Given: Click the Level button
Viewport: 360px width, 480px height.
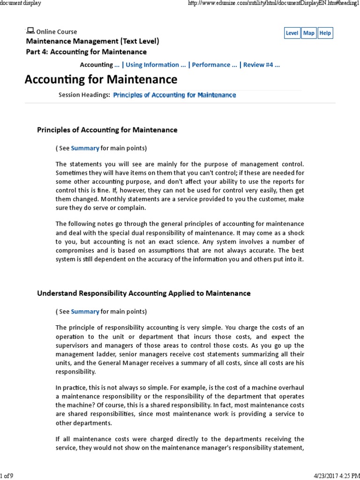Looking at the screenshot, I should (x=292, y=33).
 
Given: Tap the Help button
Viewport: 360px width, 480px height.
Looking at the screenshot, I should (x=325, y=33).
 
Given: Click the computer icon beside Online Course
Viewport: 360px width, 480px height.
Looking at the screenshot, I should (x=30, y=31).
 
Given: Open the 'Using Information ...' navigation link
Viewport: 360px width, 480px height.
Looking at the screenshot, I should (x=156, y=65).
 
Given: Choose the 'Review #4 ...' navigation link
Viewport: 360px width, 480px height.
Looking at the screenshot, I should (x=261, y=65).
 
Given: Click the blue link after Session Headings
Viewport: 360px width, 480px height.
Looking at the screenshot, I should (x=174, y=95).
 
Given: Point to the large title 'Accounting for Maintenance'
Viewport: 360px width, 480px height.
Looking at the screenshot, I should (x=101, y=79).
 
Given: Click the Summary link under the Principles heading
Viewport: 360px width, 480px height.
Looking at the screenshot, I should (x=85, y=148).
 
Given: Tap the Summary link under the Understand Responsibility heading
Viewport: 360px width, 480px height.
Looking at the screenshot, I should (x=85, y=311).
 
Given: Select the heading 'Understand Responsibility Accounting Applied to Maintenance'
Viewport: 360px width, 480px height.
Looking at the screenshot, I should (x=143, y=293).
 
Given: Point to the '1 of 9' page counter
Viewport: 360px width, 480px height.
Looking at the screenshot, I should (x=7, y=476).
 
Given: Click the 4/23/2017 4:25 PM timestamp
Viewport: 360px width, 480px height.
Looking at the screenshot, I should (x=334, y=476).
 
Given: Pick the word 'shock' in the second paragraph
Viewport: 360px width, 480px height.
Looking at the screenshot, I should (x=295, y=232).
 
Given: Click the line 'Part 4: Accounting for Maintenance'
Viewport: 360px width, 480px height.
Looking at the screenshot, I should (x=86, y=52).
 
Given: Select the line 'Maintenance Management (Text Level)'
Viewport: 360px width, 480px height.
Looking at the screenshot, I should (x=92, y=41).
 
